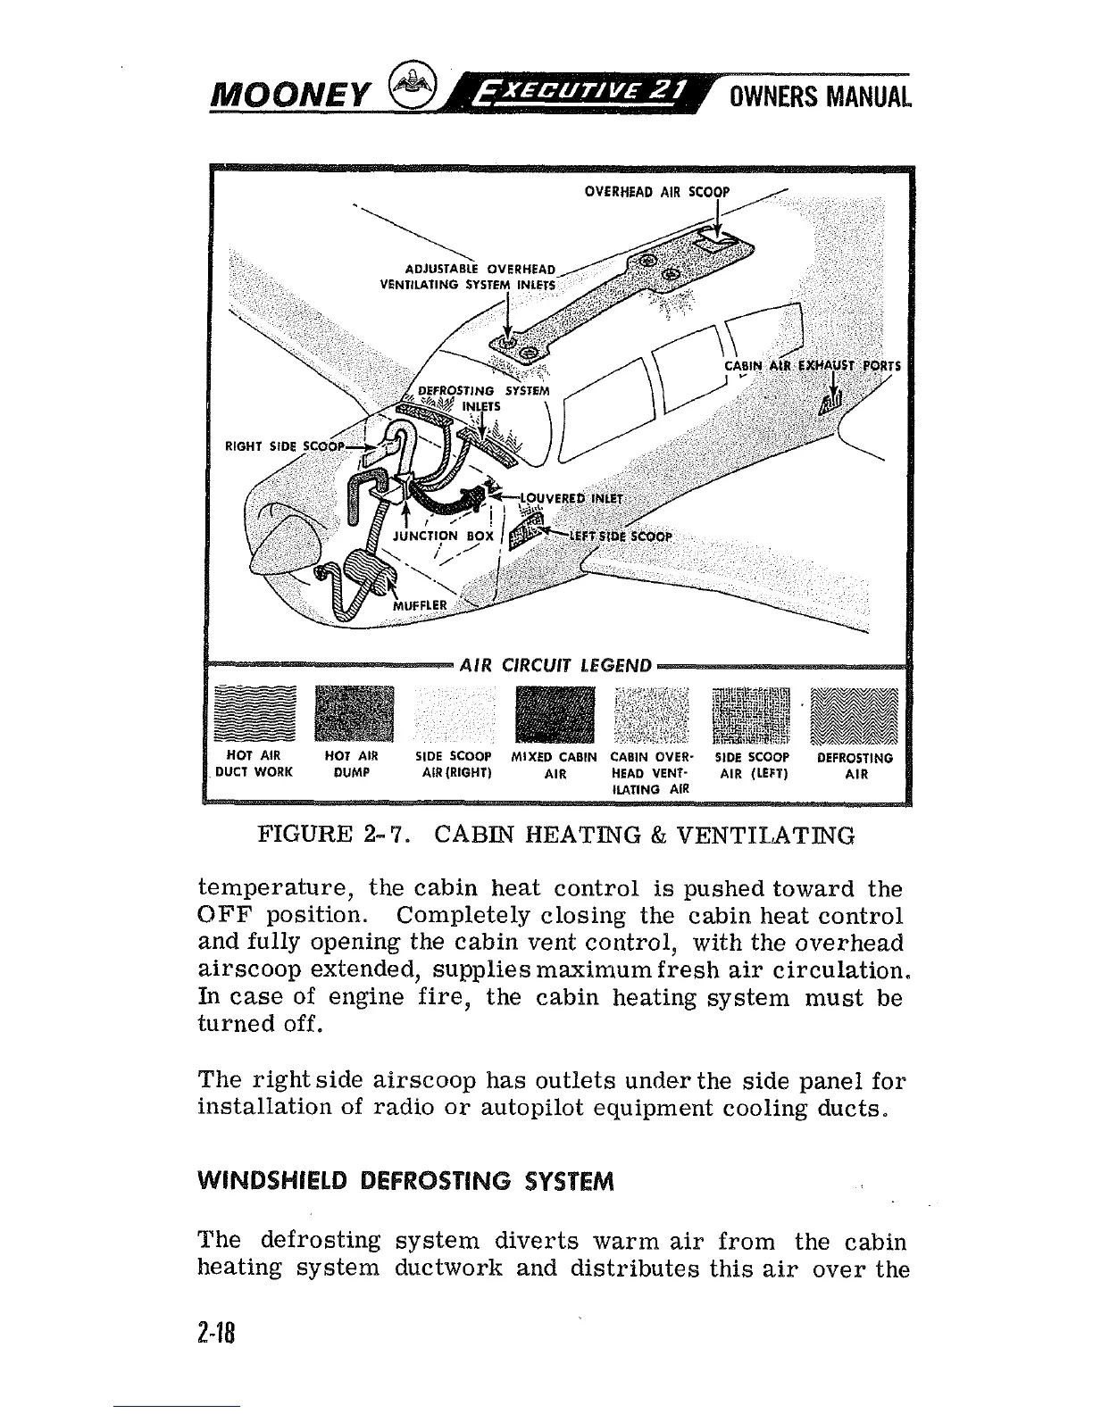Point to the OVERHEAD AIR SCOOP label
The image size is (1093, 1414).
pyautogui.click(x=656, y=192)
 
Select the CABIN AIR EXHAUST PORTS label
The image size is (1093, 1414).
pyautogui.click(x=813, y=366)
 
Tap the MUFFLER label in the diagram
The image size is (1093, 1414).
pyautogui.click(x=423, y=604)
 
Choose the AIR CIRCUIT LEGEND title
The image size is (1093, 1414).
pyautogui.click(x=555, y=665)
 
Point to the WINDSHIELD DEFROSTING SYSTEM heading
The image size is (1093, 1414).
pyautogui.click(x=405, y=1183)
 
